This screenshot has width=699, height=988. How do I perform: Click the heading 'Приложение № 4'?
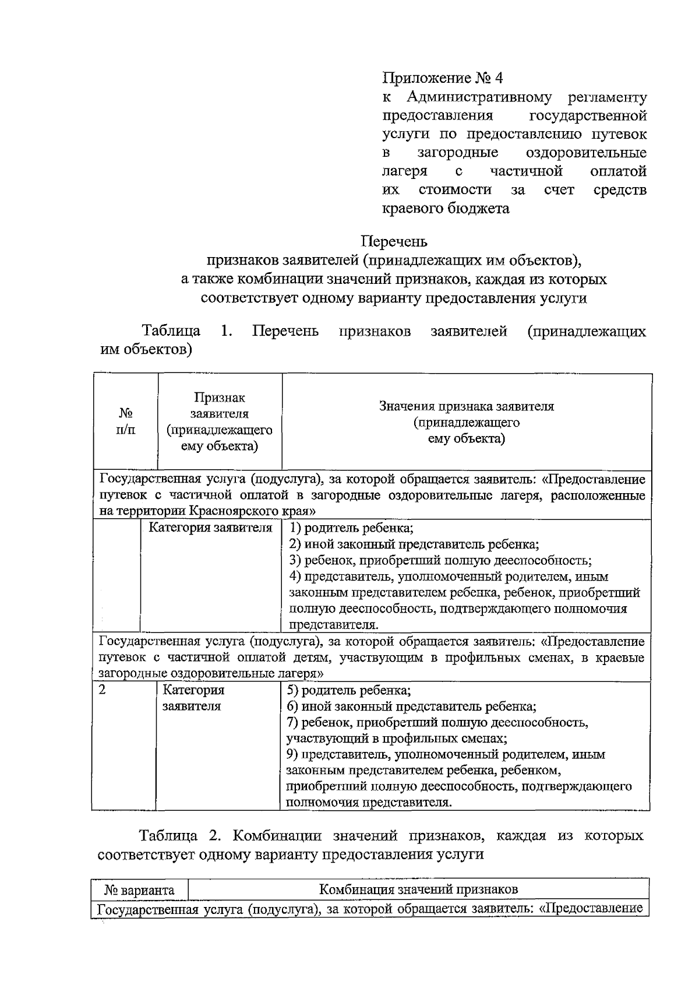(x=442, y=78)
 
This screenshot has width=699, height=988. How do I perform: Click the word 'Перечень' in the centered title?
(x=394, y=241)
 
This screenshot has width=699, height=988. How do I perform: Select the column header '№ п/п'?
(x=126, y=421)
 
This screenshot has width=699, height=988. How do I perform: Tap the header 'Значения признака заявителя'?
(x=466, y=406)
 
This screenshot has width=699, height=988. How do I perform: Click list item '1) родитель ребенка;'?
(x=351, y=529)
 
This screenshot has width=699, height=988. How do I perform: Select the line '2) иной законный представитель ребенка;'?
(x=414, y=544)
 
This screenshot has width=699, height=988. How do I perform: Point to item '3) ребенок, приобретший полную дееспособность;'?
(x=440, y=561)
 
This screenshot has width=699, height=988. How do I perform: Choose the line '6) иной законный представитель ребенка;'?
(x=412, y=706)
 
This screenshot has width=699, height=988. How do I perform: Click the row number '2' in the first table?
(x=103, y=690)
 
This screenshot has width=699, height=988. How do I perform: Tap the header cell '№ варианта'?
(x=140, y=890)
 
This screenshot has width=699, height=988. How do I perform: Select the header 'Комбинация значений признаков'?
(x=419, y=889)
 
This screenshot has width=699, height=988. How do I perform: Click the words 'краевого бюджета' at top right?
(x=446, y=208)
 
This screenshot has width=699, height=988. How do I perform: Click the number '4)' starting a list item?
(x=295, y=577)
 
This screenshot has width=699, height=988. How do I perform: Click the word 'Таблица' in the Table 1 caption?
(x=171, y=332)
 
